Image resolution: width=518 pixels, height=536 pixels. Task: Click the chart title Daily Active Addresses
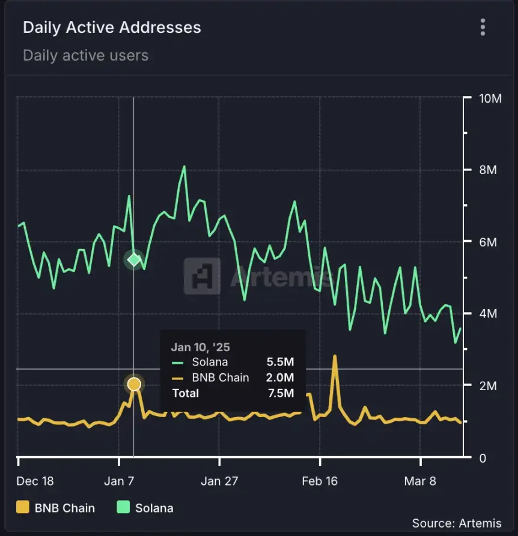coord(112,28)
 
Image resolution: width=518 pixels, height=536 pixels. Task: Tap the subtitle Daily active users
coord(85,56)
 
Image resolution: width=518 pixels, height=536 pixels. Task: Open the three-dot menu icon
coord(483,27)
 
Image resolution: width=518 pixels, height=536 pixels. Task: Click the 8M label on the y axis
coord(484,170)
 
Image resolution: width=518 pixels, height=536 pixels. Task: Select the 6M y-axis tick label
coord(484,242)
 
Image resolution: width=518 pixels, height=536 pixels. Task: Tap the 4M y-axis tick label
coord(484,314)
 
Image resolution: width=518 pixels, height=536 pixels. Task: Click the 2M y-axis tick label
coord(484,386)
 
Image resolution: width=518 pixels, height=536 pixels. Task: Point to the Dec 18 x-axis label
coord(35,481)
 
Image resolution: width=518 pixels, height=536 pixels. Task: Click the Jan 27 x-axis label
coord(219,481)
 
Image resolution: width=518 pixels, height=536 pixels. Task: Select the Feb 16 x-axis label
coord(320,481)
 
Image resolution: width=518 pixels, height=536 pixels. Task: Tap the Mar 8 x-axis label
coord(421,481)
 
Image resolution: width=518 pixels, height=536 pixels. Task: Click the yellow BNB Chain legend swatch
coord(23,508)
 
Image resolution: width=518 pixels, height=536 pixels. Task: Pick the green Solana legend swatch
coord(123,508)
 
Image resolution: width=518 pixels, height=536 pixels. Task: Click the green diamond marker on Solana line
coord(134,259)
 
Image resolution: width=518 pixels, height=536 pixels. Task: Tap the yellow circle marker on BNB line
coord(134,384)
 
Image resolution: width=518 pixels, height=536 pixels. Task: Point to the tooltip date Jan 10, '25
coord(200,347)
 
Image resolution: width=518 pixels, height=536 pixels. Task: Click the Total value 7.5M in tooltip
coord(280,393)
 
